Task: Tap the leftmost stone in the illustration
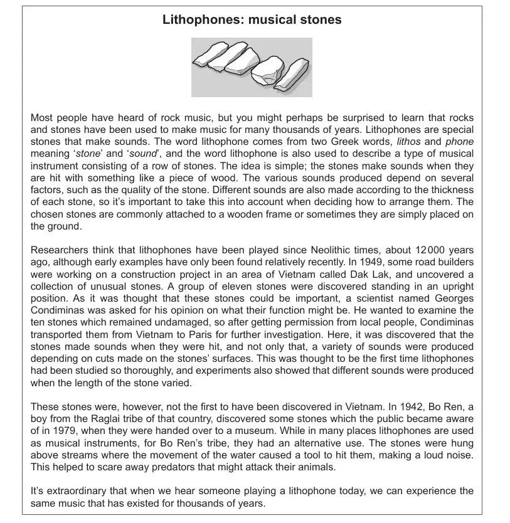click(210, 54)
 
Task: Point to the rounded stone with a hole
click(266, 70)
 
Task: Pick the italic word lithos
click(409, 141)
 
